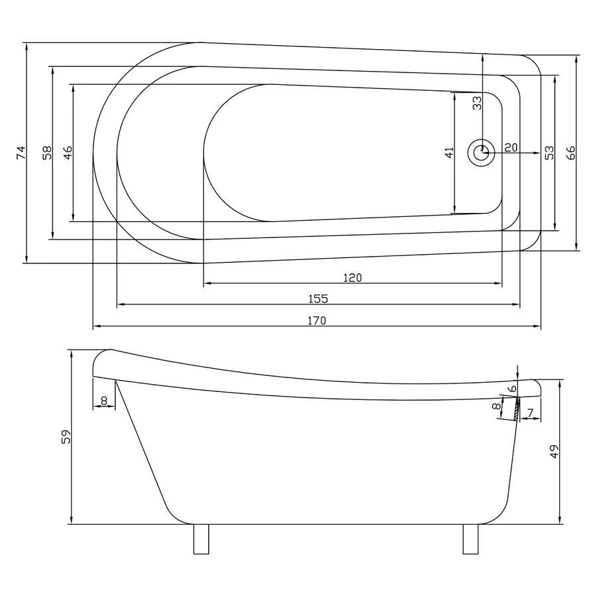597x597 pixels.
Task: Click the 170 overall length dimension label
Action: click(317, 320)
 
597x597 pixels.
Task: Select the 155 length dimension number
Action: click(318, 298)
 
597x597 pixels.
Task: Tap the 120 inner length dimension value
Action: click(353, 277)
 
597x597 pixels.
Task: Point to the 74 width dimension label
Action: click(21, 153)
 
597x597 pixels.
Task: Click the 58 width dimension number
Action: click(47, 153)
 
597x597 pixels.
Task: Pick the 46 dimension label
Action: click(68, 153)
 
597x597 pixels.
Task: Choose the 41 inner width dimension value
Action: click(450, 153)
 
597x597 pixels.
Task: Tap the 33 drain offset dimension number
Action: click(477, 103)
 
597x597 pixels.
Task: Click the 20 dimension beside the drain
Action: click(511, 147)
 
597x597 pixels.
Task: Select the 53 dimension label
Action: click(549, 153)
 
